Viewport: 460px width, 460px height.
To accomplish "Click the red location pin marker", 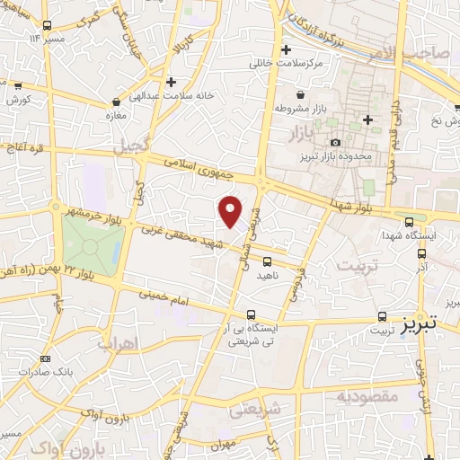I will point(231,211).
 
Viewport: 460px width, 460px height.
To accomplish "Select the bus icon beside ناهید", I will point(266,261).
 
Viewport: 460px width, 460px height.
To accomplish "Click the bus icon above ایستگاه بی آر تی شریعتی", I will point(252,315).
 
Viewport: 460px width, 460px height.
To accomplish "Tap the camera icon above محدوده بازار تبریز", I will point(335,143).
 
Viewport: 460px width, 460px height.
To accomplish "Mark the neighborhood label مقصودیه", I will point(368,395).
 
